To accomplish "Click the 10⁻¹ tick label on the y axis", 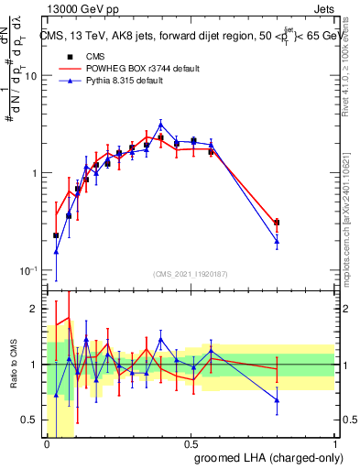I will click(x=30, y=271).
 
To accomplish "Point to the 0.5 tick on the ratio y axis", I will click(x=33, y=420).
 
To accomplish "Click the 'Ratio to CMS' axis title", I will click(x=14, y=365).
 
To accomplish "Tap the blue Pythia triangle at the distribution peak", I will click(x=161, y=125).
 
